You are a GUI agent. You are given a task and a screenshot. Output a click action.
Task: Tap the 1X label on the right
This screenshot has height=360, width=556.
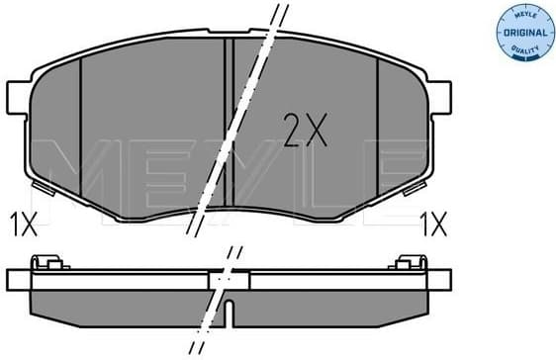point(432,224)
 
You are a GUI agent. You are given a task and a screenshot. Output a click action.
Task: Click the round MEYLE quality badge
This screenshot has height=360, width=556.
point(524,31)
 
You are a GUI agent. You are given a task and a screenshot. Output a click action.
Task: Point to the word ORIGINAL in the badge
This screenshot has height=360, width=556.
point(524,32)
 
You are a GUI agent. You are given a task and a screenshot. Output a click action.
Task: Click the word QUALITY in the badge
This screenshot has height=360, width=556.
point(524,48)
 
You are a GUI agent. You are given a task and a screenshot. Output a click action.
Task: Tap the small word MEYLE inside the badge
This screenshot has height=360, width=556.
point(524,15)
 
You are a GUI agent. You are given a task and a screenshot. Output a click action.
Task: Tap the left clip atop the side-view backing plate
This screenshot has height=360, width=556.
point(41,262)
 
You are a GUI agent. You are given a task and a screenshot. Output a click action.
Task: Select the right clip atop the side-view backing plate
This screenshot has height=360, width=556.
point(406,262)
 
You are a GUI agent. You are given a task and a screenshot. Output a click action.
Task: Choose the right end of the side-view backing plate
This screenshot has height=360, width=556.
point(442,276)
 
